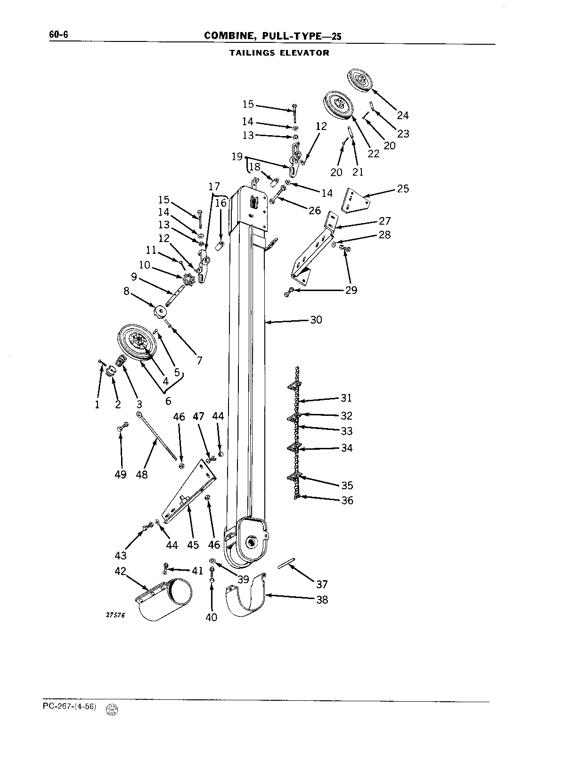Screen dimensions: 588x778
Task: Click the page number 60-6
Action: (x=58, y=34)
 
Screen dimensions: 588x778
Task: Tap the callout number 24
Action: (x=403, y=115)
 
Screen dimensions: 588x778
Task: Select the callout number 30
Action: (x=316, y=320)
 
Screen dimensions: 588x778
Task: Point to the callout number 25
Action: (x=403, y=188)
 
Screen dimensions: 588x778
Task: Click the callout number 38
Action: (x=322, y=600)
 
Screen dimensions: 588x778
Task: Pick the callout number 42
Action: (x=121, y=571)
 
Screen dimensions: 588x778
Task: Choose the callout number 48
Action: (x=142, y=474)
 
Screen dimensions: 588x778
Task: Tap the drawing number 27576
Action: (x=115, y=616)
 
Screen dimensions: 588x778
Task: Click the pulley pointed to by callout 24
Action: (x=359, y=81)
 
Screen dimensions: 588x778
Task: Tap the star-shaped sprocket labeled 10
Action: (x=189, y=280)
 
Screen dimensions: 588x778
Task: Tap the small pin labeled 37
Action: (x=286, y=563)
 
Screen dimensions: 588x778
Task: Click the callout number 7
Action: (x=200, y=360)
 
